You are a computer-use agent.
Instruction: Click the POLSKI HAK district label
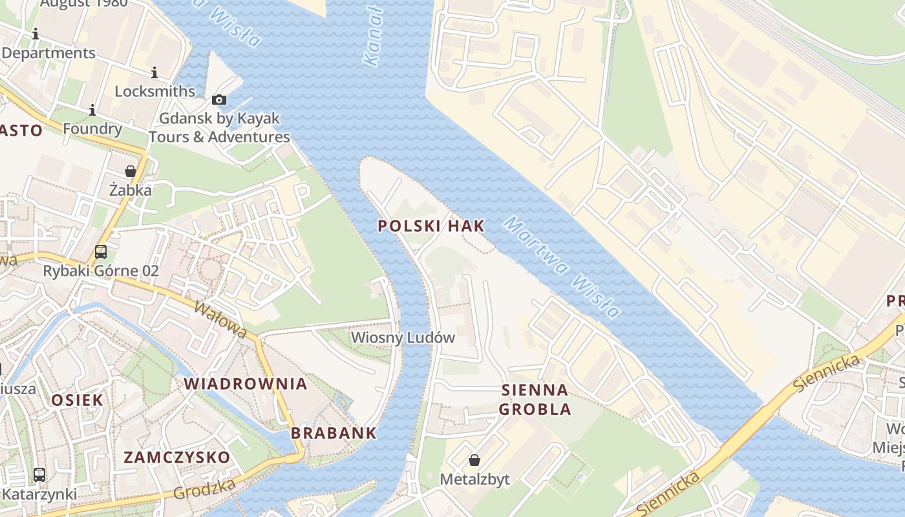pyautogui.click(x=431, y=226)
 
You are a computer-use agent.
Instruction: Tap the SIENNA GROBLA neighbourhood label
pyautogui.click(x=535, y=399)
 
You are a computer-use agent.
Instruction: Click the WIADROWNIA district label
pyautogui.click(x=246, y=383)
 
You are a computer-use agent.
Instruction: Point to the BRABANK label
pyautogui.click(x=334, y=433)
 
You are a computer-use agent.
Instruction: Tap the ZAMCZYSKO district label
pyautogui.click(x=176, y=458)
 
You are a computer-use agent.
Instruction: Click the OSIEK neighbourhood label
pyautogui.click(x=77, y=400)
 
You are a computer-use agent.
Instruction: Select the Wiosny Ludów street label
pyautogui.click(x=403, y=337)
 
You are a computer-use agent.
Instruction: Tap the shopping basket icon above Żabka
pyautogui.click(x=131, y=171)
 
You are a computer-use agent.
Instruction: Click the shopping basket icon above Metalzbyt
pyautogui.click(x=474, y=460)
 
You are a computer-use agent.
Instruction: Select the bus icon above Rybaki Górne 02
pyautogui.click(x=101, y=252)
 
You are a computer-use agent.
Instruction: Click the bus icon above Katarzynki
pyautogui.click(x=39, y=475)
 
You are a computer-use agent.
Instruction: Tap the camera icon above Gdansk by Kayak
pyautogui.click(x=219, y=100)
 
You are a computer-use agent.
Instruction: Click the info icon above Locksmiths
pyautogui.click(x=154, y=72)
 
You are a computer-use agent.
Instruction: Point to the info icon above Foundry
pyautogui.click(x=92, y=110)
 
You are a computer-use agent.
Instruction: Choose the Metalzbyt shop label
pyautogui.click(x=474, y=480)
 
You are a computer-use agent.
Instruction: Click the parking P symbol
pyautogui.click(x=302, y=193)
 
